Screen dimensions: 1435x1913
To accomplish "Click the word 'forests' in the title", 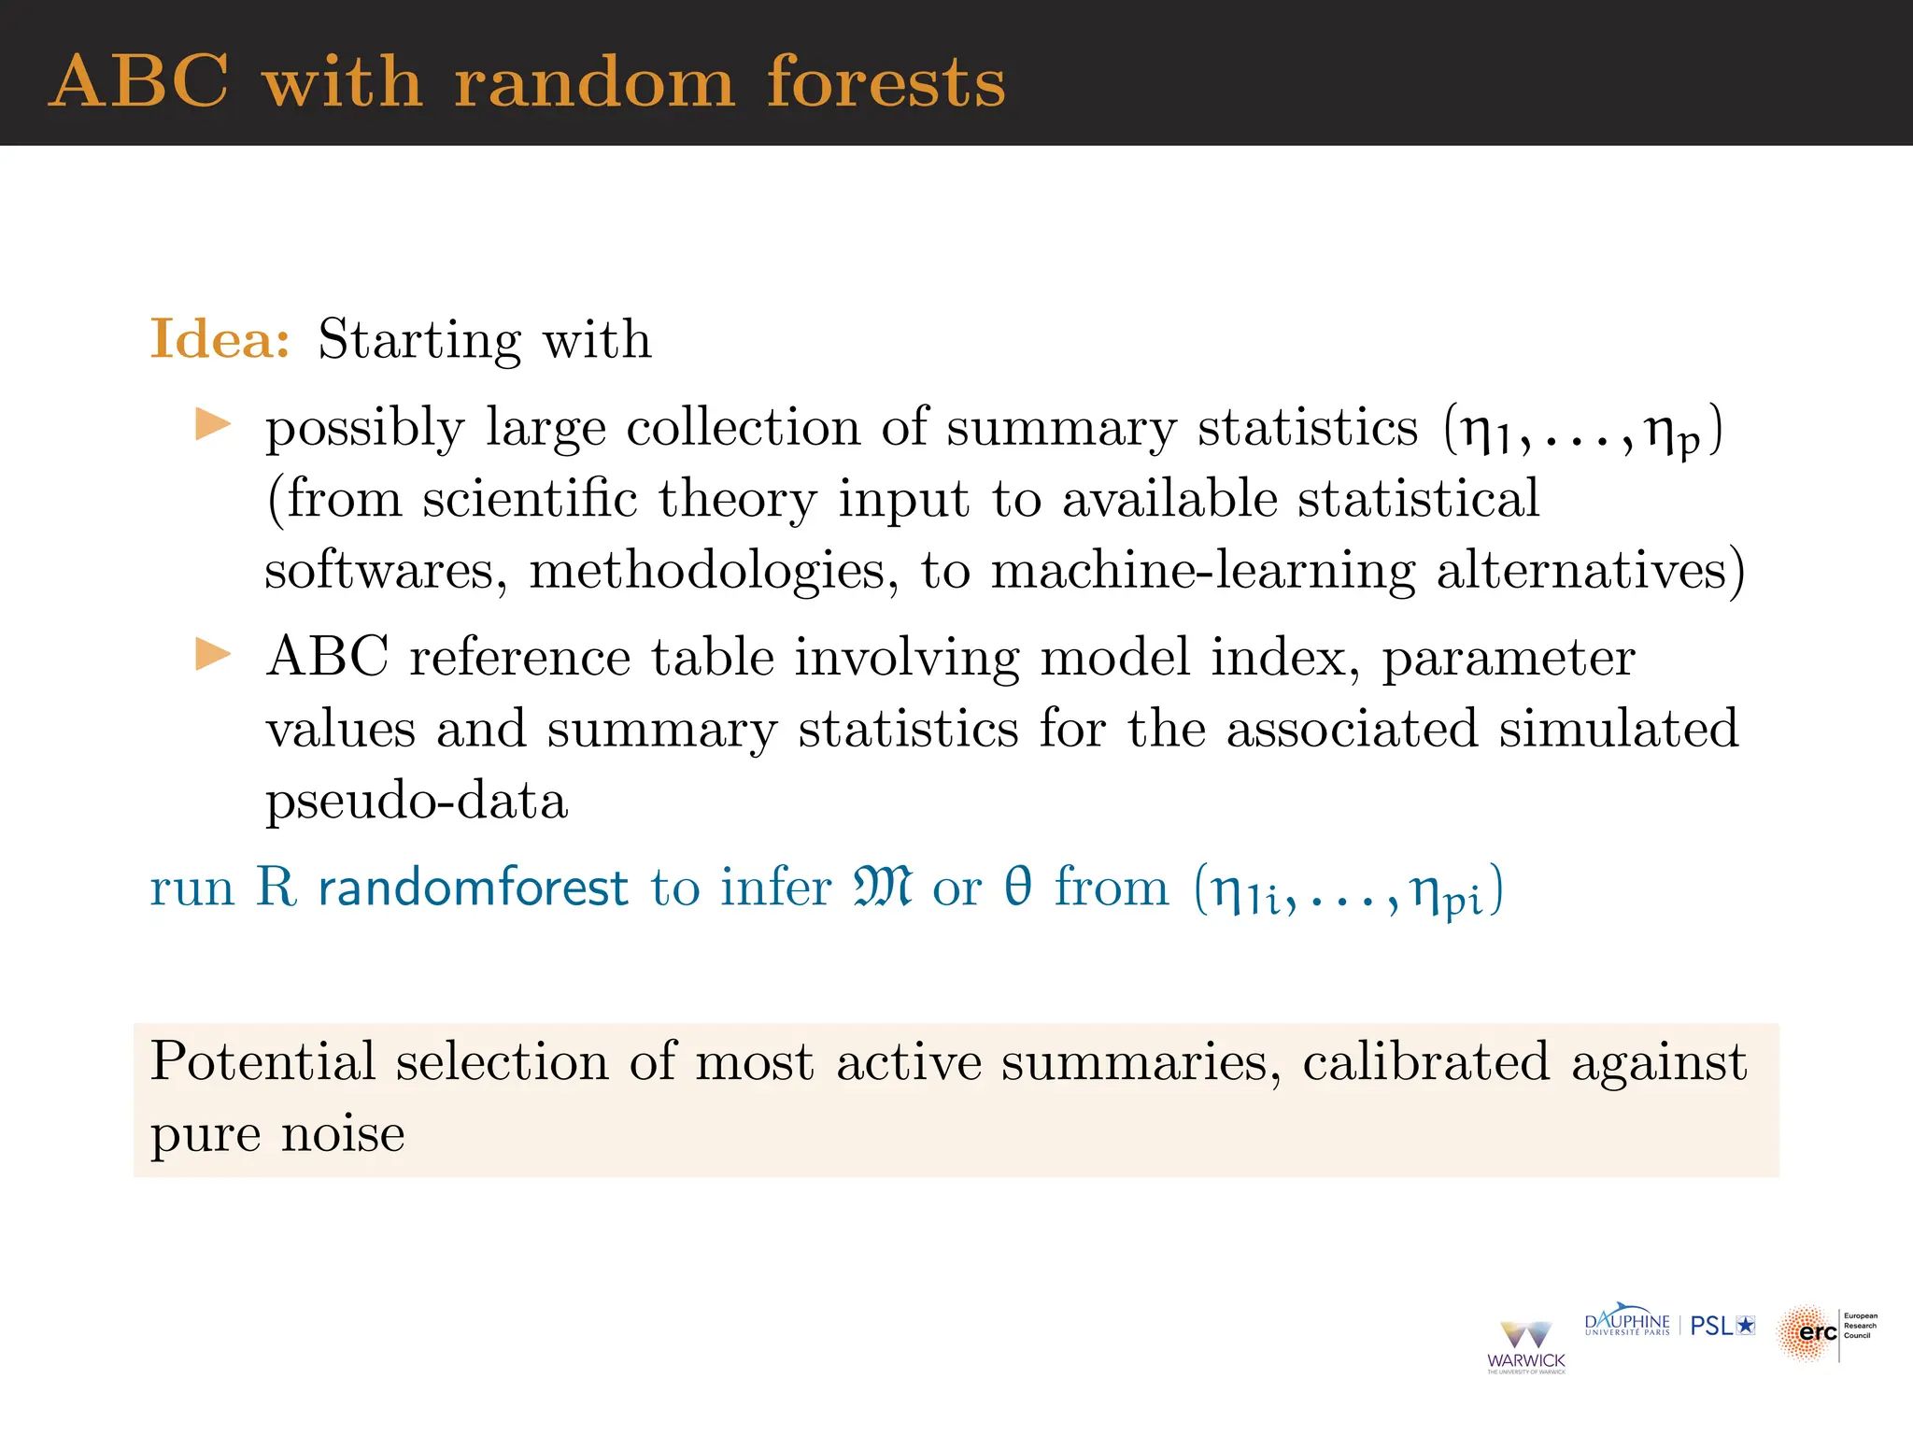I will tap(886, 82).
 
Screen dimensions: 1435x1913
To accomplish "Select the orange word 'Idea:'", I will tap(220, 338).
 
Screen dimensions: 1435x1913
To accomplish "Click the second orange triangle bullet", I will tap(213, 654).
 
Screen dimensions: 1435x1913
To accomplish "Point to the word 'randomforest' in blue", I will tap(473, 888).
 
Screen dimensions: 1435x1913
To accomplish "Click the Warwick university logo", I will tap(1525, 1346).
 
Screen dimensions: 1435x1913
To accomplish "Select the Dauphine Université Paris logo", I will tap(1627, 1324).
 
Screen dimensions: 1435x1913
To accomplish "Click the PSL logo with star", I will tap(1722, 1326).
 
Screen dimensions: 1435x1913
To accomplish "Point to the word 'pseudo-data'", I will tap(417, 802).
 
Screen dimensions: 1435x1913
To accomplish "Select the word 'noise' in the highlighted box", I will tap(343, 1134).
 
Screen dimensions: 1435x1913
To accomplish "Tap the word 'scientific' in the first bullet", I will tap(530, 498).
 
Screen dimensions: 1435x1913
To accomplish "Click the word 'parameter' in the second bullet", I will tap(1508, 657).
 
